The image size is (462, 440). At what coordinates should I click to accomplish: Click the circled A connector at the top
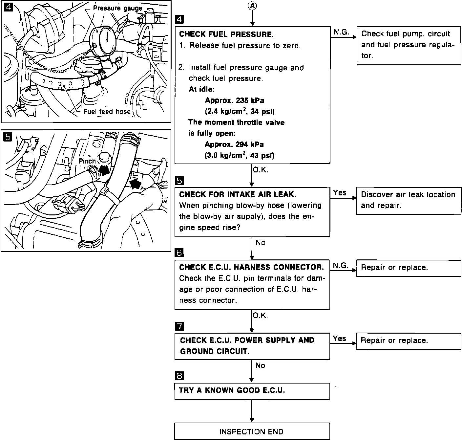pos(252,6)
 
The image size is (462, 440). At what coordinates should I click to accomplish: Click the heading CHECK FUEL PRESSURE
pos(226,34)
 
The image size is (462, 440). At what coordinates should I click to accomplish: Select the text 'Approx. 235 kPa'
pos(234,100)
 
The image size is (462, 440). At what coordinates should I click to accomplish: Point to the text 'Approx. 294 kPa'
pos(234,144)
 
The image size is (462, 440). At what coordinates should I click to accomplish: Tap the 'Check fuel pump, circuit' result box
pos(409,45)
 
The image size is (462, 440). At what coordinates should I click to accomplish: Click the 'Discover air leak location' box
pos(409,200)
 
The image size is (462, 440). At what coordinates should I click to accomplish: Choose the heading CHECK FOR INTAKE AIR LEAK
pos(238,194)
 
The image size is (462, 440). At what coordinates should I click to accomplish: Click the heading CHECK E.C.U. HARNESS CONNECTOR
pos(251,267)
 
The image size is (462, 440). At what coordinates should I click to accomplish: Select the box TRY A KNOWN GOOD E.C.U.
pos(252,391)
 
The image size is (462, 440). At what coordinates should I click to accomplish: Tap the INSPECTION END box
pos(252,431)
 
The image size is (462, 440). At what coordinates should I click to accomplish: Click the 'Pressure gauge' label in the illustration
pos(117,9)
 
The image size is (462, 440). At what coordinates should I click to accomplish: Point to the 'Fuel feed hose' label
pos(107,112)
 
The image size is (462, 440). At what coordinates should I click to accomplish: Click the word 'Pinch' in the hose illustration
pos(87,161)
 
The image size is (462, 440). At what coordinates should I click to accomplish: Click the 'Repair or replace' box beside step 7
pos(409,341)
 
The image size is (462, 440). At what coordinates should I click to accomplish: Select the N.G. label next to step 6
pos(341,266)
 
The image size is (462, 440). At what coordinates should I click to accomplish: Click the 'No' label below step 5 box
pos(260,243)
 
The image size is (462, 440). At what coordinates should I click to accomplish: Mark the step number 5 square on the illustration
pos(8,136)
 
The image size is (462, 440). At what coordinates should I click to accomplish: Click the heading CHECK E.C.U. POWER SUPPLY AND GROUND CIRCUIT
pos(247,345)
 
